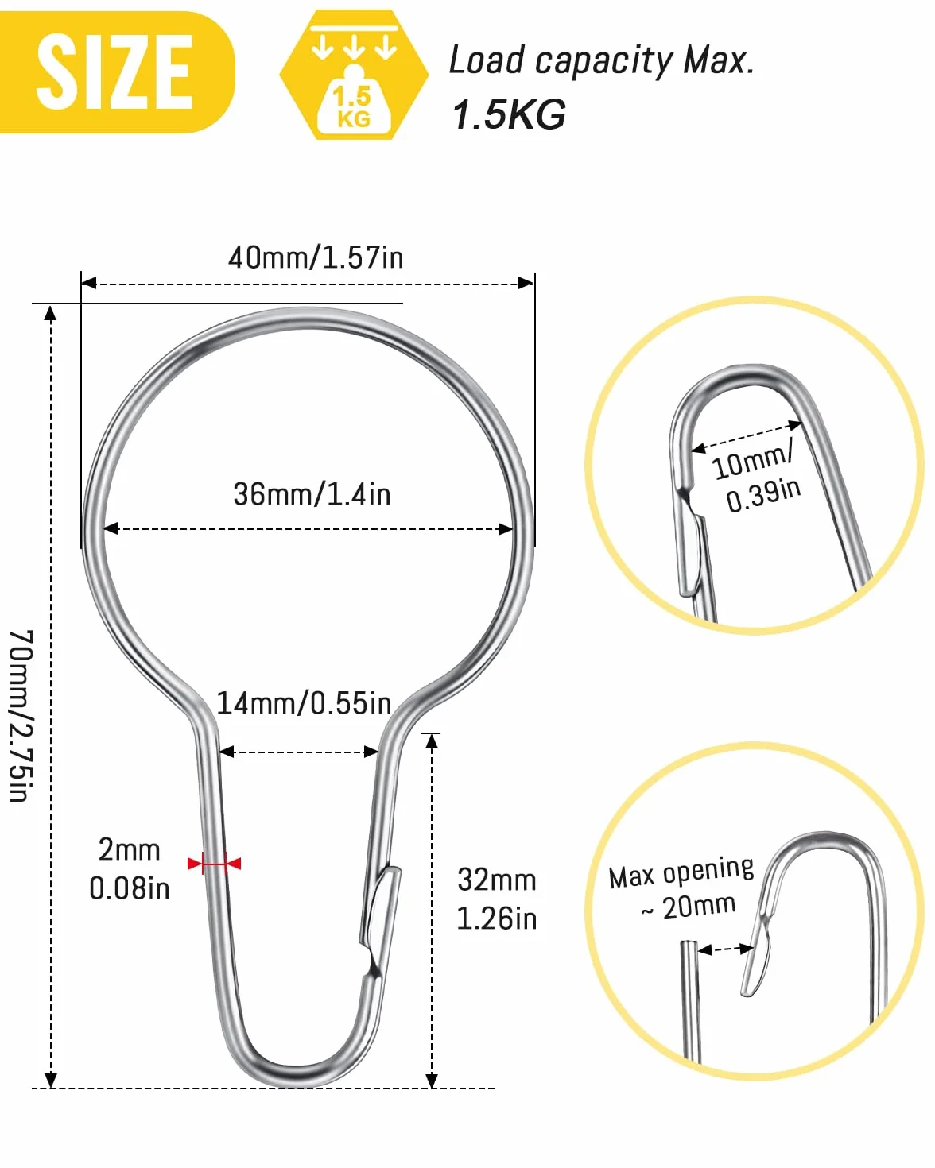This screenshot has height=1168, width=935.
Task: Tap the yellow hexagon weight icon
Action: click(x=354, y=75)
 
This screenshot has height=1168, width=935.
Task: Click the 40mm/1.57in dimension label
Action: click(x=316, y=257)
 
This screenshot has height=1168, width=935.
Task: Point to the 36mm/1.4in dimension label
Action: click(x=312, y=494)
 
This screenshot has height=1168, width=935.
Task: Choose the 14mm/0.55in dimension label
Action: click(x=304, y=703)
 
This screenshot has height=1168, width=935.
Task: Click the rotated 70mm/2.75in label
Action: click(x=21, y=715)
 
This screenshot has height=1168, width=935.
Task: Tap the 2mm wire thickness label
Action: click(x=130, y=849)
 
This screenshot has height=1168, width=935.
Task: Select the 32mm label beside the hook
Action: click(x=497, y=880)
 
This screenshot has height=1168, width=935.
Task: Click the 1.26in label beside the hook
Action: click(x=497, y=919)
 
